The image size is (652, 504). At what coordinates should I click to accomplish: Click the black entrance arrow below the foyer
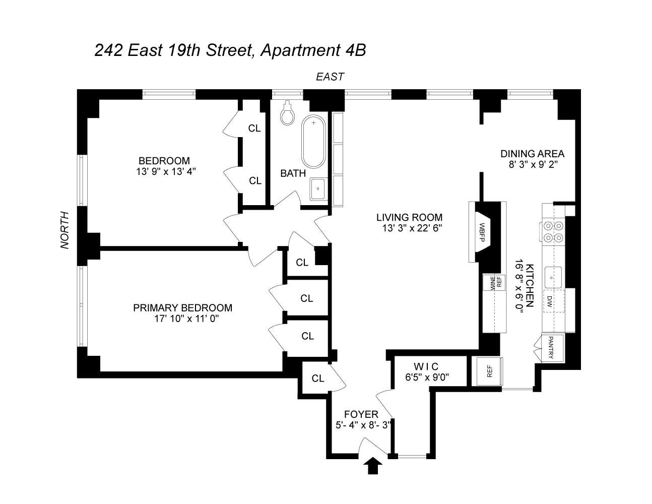[372, 466]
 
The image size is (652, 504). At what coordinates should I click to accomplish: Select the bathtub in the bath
[314, 142]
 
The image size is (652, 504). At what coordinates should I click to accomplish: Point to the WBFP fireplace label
[481, 232]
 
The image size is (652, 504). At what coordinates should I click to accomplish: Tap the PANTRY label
[551, 347]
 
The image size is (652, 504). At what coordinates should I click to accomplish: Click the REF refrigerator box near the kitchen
[488, 371]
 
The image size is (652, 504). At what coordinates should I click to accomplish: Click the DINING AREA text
[532, 154]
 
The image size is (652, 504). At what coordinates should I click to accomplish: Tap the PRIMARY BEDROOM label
[183, 307]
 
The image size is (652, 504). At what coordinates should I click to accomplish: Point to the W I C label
[427, 365]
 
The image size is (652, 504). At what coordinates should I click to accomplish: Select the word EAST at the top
[330, 77]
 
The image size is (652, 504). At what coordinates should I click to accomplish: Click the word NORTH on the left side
[65, 230]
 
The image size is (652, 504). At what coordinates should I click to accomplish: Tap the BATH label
[293, 173]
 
